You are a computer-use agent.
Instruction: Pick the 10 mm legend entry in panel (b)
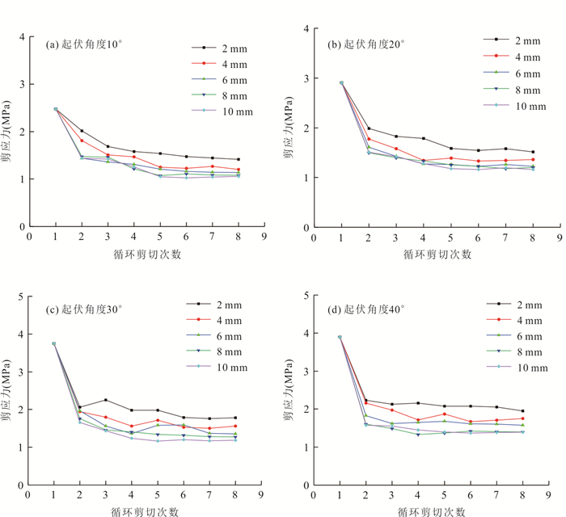click(508, 106)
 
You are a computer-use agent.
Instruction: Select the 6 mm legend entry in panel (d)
click(508, 336)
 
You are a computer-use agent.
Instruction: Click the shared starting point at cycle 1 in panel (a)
click(56, 109)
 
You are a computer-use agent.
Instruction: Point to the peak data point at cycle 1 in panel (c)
click(53, 343)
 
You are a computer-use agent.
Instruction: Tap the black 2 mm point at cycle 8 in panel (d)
click(522, 411)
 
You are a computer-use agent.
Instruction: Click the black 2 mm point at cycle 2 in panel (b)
click(369, 128)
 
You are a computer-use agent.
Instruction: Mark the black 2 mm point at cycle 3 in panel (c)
click(106, 400)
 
